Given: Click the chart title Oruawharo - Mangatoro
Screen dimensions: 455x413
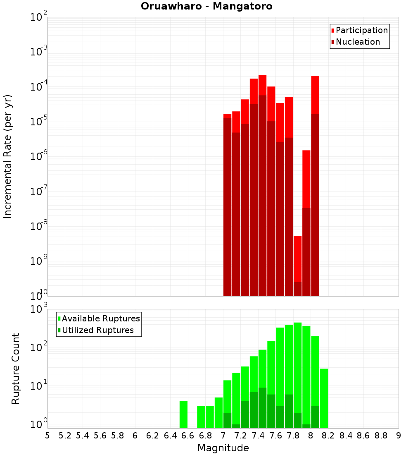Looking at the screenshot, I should [x=206, y=7].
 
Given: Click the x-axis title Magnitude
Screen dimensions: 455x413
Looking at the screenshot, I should [x=223, y=448].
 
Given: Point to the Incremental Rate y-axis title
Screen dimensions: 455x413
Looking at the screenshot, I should [x=8, y=156].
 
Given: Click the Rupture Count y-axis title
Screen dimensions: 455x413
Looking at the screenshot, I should [x=16, y=369].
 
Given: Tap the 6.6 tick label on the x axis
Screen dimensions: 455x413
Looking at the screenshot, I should [x=188, y=436].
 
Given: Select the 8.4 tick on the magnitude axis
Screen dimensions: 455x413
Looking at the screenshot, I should [x=346, y=436].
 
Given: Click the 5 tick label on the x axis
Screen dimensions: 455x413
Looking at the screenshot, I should [x=47, y=436].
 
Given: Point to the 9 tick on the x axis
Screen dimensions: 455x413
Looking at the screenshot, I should [x=399, y=436].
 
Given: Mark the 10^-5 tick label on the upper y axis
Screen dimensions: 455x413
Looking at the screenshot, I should [x=39, y=122].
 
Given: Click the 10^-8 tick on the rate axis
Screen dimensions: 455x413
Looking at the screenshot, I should [x=39, y=226].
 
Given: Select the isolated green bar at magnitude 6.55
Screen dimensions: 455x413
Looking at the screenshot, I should [x=183, y=414].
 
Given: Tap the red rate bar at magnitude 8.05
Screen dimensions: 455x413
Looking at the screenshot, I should [x=315, y=95].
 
